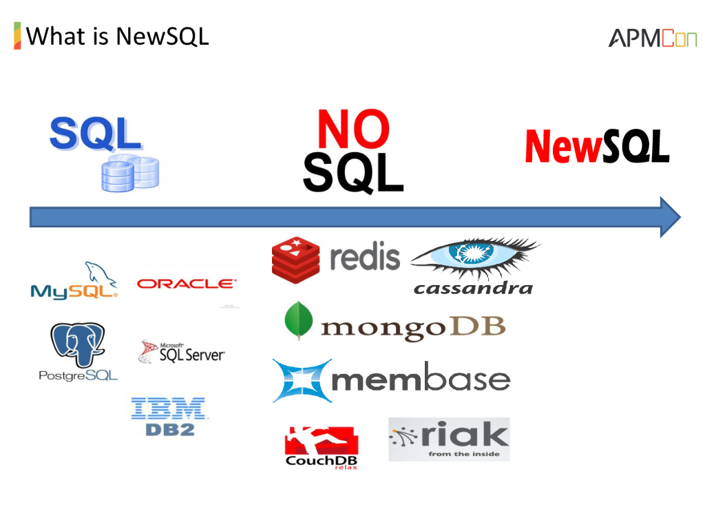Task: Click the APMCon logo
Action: click(652, 38)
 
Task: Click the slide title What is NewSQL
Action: click(117, 35)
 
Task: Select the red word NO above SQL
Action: click(353, 129)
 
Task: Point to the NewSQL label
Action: click(597, 146)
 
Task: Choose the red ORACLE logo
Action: click(186, 283)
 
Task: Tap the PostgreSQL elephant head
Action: click(77, 344)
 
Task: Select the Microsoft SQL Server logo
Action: click(182, 352)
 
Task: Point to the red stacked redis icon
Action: click(295, 260)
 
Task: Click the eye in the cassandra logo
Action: click(475, 256)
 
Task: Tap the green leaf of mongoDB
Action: click(298, 320)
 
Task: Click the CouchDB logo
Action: click(321, 447)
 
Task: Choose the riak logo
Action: click(449, 439)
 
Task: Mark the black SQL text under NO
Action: click(353, 172)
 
